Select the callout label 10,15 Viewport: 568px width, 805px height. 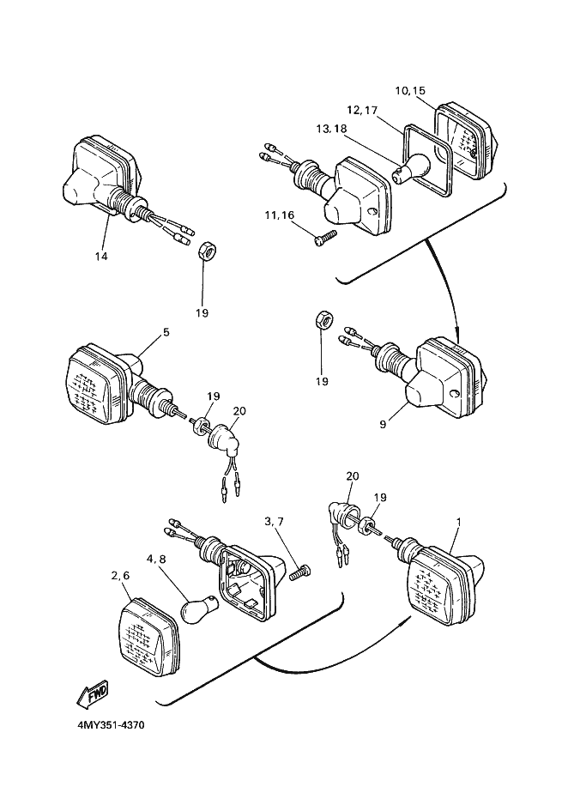click(x=410, y=91)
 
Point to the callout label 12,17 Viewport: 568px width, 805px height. click(x=362, y=110)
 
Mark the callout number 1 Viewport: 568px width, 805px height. click(x=459, y=522)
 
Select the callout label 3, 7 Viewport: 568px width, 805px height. click(x=275, y=521)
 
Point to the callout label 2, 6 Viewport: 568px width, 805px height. click(x=119, y=577)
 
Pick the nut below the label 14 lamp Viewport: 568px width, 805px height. click(x=205, y=251)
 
